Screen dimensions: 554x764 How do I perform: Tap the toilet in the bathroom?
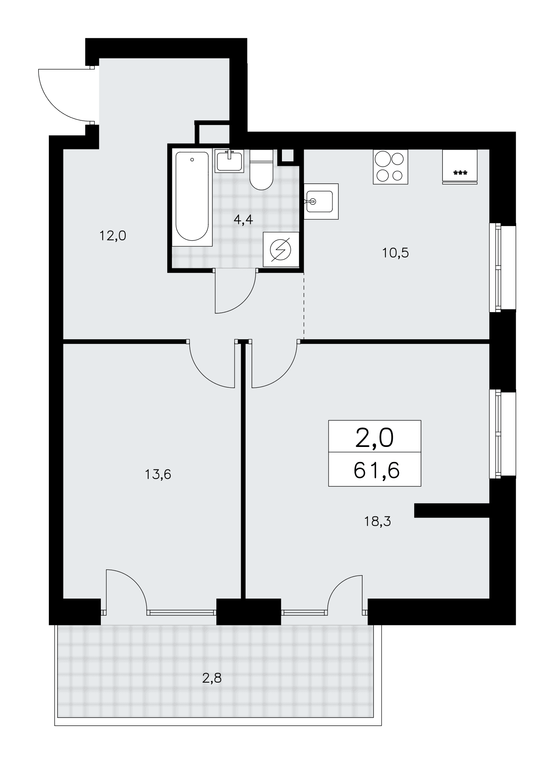(x=261, y=170)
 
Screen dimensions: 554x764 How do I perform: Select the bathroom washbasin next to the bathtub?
(x=229, y=160)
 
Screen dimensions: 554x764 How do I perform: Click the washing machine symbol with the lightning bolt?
(x=281, y=249)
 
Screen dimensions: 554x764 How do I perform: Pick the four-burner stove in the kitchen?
(x=390, y=167)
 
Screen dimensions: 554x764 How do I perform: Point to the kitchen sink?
(x=321, y=201)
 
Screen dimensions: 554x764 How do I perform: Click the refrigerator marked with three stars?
(x=460, y=167)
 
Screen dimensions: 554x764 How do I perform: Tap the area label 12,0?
(x=113, y=236)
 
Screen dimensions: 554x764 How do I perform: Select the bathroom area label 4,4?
(x=243, y=220)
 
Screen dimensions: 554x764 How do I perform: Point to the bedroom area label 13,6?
(x=158, y=474)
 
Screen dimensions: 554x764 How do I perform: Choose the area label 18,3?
(x=377, y=521)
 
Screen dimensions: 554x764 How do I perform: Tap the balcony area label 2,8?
(x=212, y=678)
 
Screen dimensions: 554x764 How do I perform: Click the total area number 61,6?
(x=376, y=470)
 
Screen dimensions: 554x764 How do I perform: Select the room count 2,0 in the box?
(x=374, y=438)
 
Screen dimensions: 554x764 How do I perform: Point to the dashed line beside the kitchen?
(x=304, y=306)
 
